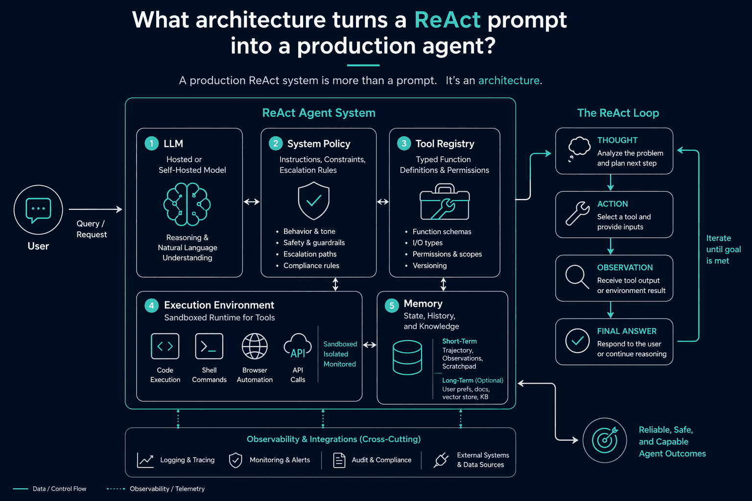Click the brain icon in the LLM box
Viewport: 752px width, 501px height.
(x=187, y=204)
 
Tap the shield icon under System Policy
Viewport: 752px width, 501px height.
(x=313, y=201)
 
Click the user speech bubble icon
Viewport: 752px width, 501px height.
(x=38, y=210)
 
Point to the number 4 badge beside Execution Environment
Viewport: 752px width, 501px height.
(x=151, y=305)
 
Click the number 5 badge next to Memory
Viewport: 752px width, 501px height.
(x=392, y=305)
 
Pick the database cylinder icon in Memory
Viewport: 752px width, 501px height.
(x=407, y=357)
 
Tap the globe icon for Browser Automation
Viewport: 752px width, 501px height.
(x=255, y=346)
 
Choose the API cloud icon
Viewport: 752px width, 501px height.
(x=298, y=346)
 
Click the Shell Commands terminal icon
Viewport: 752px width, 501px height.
(x=209, y=346)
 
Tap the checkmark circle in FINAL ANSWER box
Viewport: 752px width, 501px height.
(x=577, y=341)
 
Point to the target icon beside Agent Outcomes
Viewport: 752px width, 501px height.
(x=605, y=440)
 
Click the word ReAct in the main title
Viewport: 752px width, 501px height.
(x=447, y=20)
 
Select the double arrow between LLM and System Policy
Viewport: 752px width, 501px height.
(x=252, y=202)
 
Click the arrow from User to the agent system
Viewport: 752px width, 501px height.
(x=95, y=209)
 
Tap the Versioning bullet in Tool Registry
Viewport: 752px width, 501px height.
(x=430, y=266)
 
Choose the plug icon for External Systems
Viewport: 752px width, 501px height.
(x=441, y=460)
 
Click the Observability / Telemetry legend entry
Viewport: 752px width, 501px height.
(x=156, y=489)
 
